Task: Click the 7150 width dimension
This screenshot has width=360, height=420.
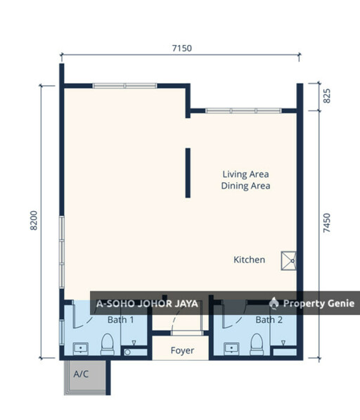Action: click(181, 49)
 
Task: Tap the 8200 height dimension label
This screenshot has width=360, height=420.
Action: click(34, 220)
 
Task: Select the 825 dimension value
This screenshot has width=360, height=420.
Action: click(327, 96)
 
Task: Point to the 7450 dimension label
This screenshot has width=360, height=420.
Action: click(327, 223)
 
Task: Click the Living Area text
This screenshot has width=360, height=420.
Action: click(245, 174)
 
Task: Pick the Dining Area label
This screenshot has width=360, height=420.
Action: click(245, 186)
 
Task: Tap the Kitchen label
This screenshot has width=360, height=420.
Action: click(249, 260)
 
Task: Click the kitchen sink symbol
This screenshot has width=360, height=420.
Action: click(288, 260)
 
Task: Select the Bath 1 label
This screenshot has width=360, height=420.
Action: click(120, 319)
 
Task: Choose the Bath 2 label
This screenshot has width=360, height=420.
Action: click(269, 319)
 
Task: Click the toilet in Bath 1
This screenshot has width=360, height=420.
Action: click(108, 345)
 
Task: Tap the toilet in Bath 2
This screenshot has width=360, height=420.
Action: click(257, 345)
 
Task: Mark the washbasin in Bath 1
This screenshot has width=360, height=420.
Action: click(81, 349)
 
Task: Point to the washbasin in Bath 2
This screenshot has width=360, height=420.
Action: click(231, 349)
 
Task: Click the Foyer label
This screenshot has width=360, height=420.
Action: click(182, 350)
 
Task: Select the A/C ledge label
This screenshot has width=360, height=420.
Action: click(81, 374)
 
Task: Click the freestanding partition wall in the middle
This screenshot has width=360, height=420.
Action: click(188, 173)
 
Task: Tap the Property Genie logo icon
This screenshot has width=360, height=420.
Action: click(274, 303)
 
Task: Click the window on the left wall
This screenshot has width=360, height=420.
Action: click(62, 252)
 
